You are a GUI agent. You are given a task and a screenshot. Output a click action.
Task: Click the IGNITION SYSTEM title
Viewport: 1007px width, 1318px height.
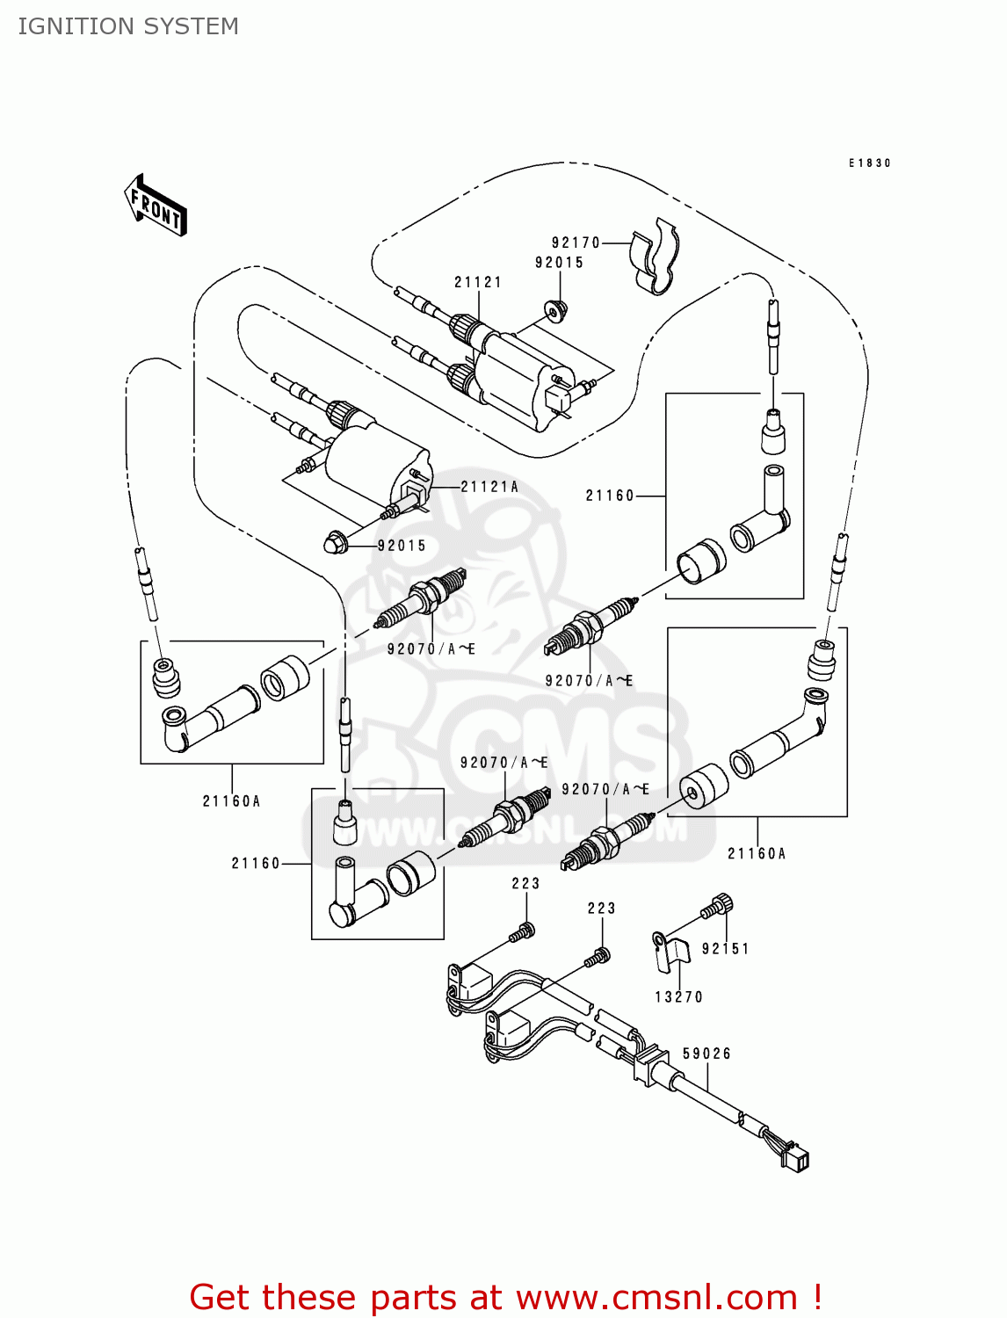[x=128, y=26]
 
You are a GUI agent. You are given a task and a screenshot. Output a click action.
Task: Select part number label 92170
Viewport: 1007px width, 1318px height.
[x=576, y=243]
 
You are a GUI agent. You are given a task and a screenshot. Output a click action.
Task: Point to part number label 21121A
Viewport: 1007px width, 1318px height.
[x=489, y=487]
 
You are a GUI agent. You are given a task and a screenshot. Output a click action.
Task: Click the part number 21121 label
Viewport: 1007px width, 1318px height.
[x=478, y=282]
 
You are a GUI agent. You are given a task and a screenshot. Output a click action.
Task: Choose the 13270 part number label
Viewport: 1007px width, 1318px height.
[x=678, y=996]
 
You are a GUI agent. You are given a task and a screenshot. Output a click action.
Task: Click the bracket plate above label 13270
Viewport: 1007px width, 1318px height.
[x=670, y=952]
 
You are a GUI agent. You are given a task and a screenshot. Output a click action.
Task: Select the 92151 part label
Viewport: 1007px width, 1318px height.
[x=725, y=949]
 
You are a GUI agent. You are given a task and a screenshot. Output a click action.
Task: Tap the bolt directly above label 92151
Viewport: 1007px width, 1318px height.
[x=720, y=904]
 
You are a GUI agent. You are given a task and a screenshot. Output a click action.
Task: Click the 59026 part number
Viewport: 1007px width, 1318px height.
[x=706, y=1054]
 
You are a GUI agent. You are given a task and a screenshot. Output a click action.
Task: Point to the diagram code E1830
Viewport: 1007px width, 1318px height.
[x=870, y=163]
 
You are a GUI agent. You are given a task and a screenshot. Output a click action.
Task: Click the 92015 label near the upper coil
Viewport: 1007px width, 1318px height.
[x=559, y=263]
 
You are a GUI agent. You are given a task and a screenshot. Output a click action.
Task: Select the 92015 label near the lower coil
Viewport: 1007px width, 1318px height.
[x=402, y=546]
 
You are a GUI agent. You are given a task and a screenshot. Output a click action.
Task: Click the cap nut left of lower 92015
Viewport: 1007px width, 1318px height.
[x=335, y=542]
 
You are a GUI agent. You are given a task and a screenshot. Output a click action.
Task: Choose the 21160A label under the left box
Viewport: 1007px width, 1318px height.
[x=231, y=801]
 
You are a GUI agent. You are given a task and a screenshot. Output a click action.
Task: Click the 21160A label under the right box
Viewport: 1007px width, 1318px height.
[x=757, y=853]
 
